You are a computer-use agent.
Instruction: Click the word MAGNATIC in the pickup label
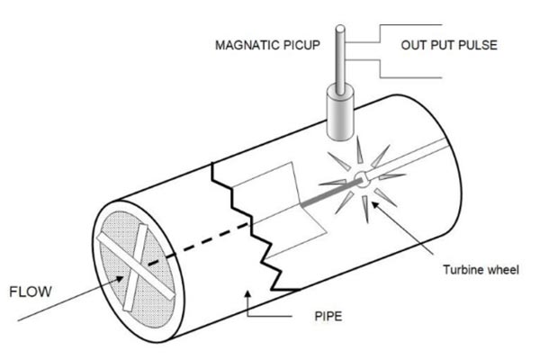tap(247, 45)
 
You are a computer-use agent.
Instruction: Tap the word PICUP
tap(301, 45)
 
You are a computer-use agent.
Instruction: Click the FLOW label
tap(31, 292)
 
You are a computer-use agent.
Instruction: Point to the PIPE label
tap(328, 316)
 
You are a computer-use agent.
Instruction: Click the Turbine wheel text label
tap(481, 269)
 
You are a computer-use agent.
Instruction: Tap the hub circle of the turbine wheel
tap(361, 179)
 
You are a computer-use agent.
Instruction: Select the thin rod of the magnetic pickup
tap(340, 59)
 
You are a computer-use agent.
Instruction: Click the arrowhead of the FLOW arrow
tap(119, 278)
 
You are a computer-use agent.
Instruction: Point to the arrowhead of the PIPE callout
tap(247, 294)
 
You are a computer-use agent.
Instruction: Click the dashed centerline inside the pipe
tap(198, 243)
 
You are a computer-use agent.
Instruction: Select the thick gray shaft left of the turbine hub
tap(331, 193)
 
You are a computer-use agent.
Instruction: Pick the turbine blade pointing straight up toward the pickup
tap(359, 150)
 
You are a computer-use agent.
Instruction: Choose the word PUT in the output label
tap(441, 45)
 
